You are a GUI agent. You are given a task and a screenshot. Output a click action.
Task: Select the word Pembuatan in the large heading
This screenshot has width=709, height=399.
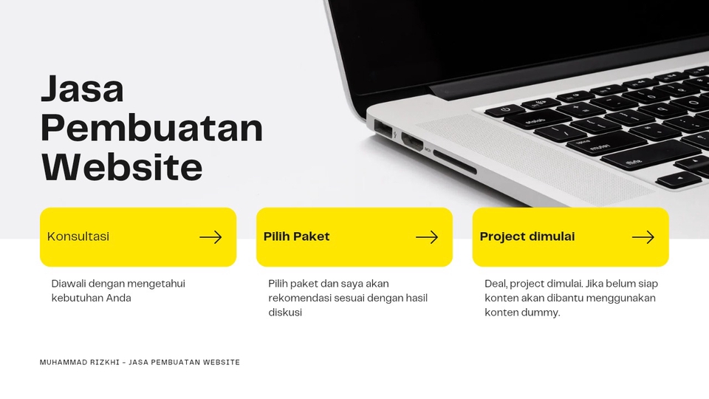[x=151, y=129]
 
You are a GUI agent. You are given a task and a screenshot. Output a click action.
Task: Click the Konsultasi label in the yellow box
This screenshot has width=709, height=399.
[x=78, y=236]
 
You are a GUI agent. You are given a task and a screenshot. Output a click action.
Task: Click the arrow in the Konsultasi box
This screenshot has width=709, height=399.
[x=210, y=237]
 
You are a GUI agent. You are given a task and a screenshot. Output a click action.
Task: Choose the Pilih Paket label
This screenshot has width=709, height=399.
[x=296, y=236]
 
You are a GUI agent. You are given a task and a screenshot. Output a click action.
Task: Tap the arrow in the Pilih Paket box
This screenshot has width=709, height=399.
[x=427, y=237]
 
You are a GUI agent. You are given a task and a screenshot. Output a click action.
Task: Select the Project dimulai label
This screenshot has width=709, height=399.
[x=527, y=236]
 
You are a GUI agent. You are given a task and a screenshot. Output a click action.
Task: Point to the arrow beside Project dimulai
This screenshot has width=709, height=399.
[x=643, y=237]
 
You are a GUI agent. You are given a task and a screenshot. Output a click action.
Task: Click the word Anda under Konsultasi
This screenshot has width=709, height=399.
[x=119, y=299]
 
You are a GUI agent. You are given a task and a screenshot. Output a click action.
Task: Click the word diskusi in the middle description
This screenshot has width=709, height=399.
[x=285, y=313]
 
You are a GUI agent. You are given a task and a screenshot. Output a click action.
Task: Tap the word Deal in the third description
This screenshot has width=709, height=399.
[x=496, y=284]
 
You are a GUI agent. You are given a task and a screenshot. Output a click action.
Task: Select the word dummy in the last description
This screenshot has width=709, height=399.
[x=543, y=313]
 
